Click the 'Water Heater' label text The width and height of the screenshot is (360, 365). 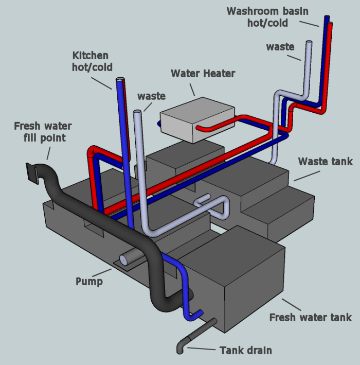pyautogui.click(x=203, y=74)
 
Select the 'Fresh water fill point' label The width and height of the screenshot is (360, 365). pyautogui.click(x=43, y=132)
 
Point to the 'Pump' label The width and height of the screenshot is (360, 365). pyautogui.click(x=89, y=281)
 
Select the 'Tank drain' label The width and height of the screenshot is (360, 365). pyautogui.click(x=245, y=351)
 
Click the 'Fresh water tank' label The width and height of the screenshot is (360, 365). pyautogui.click(x=311, y=317)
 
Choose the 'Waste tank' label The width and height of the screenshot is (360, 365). pyautogui.click(x=325, y=162)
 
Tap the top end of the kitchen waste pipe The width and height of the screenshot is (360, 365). pyautogui.click(x=137, y=112)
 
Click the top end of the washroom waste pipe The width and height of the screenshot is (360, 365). pyautogui.click(x=309, y=43)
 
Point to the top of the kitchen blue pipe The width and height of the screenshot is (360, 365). pyautogui.click(x=119, y=81)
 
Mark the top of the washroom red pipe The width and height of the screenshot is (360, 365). pyautogui.click(x=330, y=25)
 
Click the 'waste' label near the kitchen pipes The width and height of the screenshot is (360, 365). pyautogui.click(x=151, y=96)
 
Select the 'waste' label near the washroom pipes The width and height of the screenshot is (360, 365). pyautogui.click(x=280, y=47)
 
